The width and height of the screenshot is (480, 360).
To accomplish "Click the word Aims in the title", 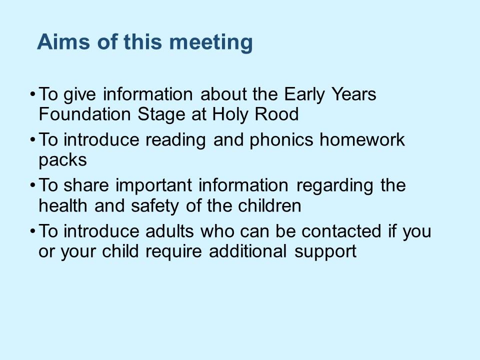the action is pos(63,41).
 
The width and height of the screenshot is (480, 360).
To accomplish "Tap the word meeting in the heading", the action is pos(211,43).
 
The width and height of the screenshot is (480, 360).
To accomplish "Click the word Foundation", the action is pos(85,114).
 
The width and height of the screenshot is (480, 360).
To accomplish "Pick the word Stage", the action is pos(161,115).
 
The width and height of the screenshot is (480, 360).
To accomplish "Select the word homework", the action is pos(362,139).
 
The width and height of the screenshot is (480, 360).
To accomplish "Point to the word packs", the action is pos(63,161).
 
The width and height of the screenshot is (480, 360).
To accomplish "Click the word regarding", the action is pos(334,186).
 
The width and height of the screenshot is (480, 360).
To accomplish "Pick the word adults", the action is pos(169,231).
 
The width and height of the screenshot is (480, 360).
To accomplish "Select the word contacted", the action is pos(341,231).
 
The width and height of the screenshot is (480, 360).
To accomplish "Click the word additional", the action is pos(247,251).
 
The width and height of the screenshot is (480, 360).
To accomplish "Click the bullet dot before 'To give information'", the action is pos(33,94).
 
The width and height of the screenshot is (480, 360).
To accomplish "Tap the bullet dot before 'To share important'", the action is pos(33,185).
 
